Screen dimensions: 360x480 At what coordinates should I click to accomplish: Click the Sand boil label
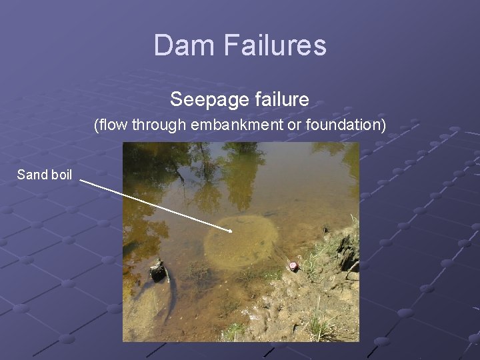click(x=45, y=175)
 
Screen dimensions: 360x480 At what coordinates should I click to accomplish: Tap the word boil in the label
click(x=61, y=175)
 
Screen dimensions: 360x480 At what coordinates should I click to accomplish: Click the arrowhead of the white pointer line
click(x=229, y=231)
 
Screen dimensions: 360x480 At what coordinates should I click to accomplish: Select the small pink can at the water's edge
click(x=292, y=266)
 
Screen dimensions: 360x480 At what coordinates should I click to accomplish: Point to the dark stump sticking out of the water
click(x=157, y=271)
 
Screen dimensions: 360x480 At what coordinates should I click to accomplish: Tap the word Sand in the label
click(x=31, y=175)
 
